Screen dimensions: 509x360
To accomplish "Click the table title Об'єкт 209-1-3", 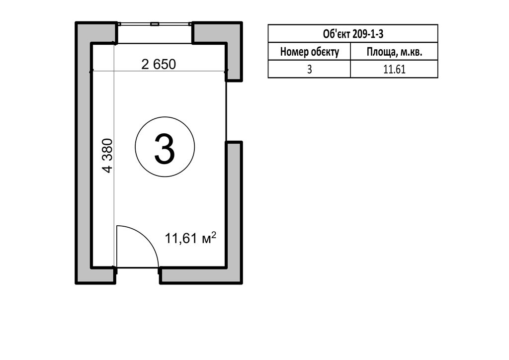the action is click(353, 34).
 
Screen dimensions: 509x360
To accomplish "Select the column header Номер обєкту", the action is click(309, 52).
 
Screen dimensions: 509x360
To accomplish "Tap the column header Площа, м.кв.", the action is click(394, 52).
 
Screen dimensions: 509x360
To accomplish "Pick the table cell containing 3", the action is click(309, 69).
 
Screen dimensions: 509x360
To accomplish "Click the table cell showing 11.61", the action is click(394, 69).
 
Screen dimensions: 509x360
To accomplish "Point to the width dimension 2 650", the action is click(159, 64).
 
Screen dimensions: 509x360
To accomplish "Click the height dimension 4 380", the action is click(107, 156).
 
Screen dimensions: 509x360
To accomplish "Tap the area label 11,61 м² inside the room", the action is click(190, 238).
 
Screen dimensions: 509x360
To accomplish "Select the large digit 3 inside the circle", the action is click(165, 149).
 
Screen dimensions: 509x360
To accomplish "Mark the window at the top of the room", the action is click(155, 24).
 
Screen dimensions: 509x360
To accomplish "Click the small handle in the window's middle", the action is click(155, 24).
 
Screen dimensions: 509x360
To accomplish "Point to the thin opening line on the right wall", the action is click(226, 111).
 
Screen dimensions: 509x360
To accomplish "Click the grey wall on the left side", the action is click(84, 153).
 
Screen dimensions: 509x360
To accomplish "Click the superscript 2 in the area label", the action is click(214, 234).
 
